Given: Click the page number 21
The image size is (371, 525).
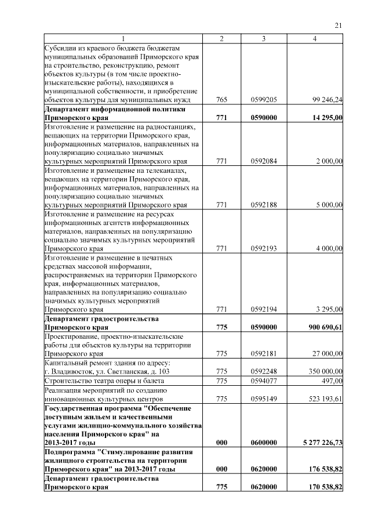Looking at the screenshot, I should (x=339, y=25).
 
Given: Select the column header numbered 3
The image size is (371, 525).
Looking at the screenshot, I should (x=263, y=38).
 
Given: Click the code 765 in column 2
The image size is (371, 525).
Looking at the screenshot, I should (x=221, y=100).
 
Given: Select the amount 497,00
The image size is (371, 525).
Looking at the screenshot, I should (x=333, y=381).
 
